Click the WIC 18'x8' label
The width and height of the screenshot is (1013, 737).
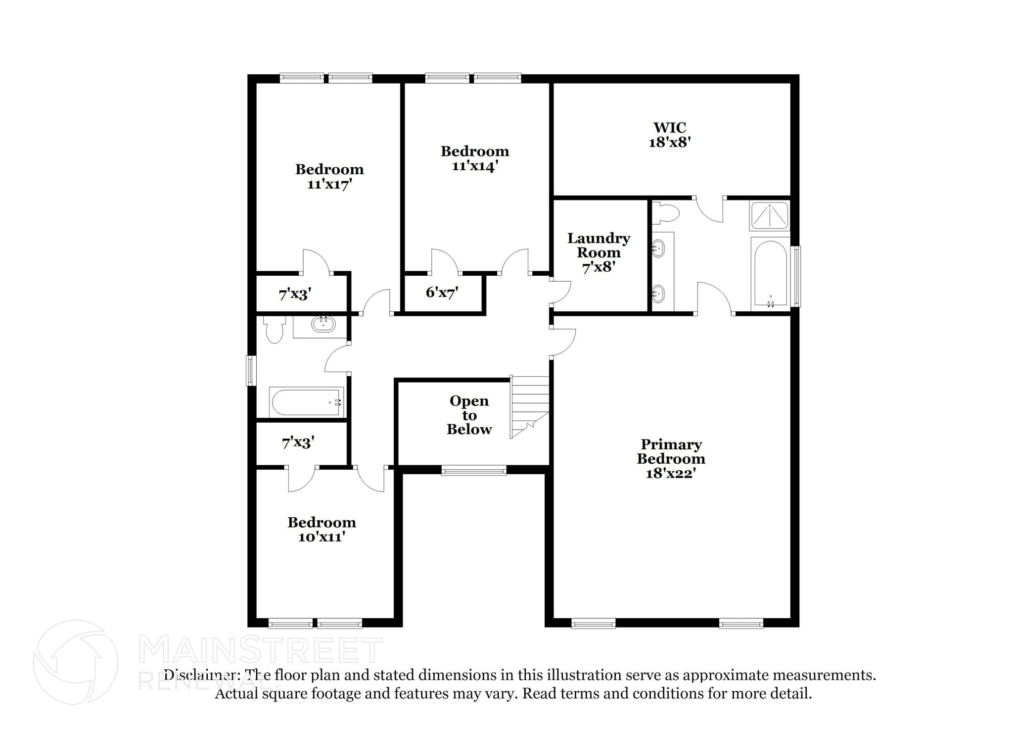[x=669, y=135]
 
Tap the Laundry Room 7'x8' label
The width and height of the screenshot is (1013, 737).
[x=599, y=252]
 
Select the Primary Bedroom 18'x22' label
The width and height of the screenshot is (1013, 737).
[x=671, y=459]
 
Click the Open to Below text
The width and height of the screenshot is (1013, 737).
[x=469, y=415]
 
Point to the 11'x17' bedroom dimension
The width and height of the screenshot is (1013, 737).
[x=329, y=185]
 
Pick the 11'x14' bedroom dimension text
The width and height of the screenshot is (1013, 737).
[x=474, y=166]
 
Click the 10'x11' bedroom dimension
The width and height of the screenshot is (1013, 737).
[x=322, y=537]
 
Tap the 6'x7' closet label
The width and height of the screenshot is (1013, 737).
[x=442, y=293]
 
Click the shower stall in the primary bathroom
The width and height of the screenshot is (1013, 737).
[x=769, y=215]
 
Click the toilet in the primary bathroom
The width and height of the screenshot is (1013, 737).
[x=665, y=213]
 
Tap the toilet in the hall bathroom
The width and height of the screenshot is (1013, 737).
[x=274, y=329]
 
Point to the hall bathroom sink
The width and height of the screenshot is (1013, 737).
[x=323, y=324]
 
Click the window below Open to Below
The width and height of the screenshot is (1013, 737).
[x=473, y=470]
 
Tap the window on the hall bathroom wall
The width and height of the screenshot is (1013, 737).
[x=251, y=371]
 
